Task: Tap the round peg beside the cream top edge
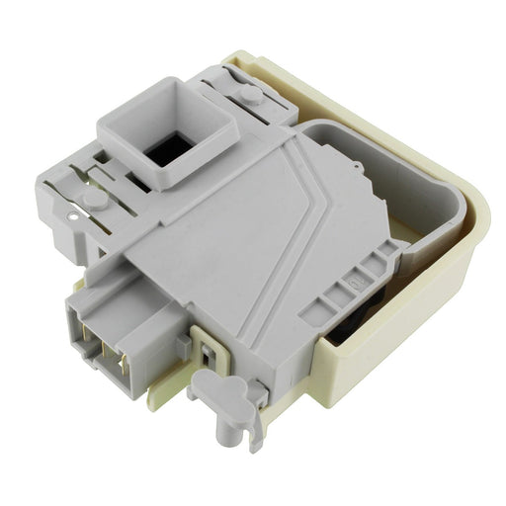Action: point(252,95)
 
